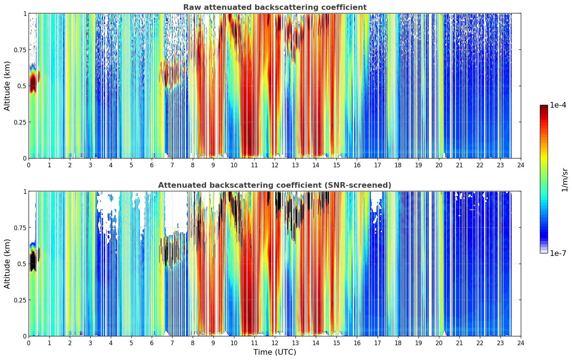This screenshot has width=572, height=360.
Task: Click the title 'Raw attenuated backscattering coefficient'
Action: tap(275, 7)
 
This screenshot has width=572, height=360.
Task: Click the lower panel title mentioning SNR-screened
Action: tap(275, 185)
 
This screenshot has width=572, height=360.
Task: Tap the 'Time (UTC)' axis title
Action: tap(275, 352)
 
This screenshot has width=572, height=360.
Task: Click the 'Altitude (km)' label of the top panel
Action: tap(7, 86)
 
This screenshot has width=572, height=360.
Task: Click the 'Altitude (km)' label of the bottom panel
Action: tap(7, 264)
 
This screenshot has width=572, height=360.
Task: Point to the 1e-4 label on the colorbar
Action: tap(558, 105)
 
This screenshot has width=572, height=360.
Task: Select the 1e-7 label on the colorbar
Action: tap(558, 253)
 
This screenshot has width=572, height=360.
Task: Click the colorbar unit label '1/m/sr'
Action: tap(565, 180)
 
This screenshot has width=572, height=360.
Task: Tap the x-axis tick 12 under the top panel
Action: tap(275, 165)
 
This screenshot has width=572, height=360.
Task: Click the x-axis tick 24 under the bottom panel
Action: tap(521, 343)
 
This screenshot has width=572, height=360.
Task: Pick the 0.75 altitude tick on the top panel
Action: tap(20, 50)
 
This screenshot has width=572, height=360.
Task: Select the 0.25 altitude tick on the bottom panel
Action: tap(20, 300)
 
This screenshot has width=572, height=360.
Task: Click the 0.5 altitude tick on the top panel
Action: tap(22, 86)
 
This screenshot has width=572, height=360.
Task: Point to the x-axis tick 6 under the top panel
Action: tap(152, 165)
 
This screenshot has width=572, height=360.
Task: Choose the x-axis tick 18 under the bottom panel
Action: tap(398, 343)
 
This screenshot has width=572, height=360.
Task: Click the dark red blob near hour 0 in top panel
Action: tap(33, 82)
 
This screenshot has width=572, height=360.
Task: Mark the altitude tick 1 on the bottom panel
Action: tap(25, 192)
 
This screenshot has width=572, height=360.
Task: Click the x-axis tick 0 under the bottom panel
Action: tap(29, 343)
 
